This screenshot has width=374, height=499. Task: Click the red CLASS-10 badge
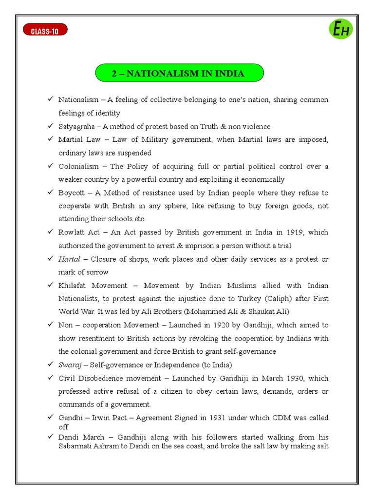pyautogui.click(x=45, y=31)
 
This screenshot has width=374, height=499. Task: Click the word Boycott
pyautogui.click(x=71, y=193)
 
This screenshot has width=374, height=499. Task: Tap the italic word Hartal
pyautogui.click(x=69, y=259)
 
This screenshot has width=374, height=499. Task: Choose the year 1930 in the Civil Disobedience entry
pyautogui.click(x=288, y=378)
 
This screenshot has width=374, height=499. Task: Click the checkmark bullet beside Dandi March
pyautogui.click(x=50, y=437)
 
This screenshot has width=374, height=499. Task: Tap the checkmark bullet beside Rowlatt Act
pyautogui.click(x=50, y=232)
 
